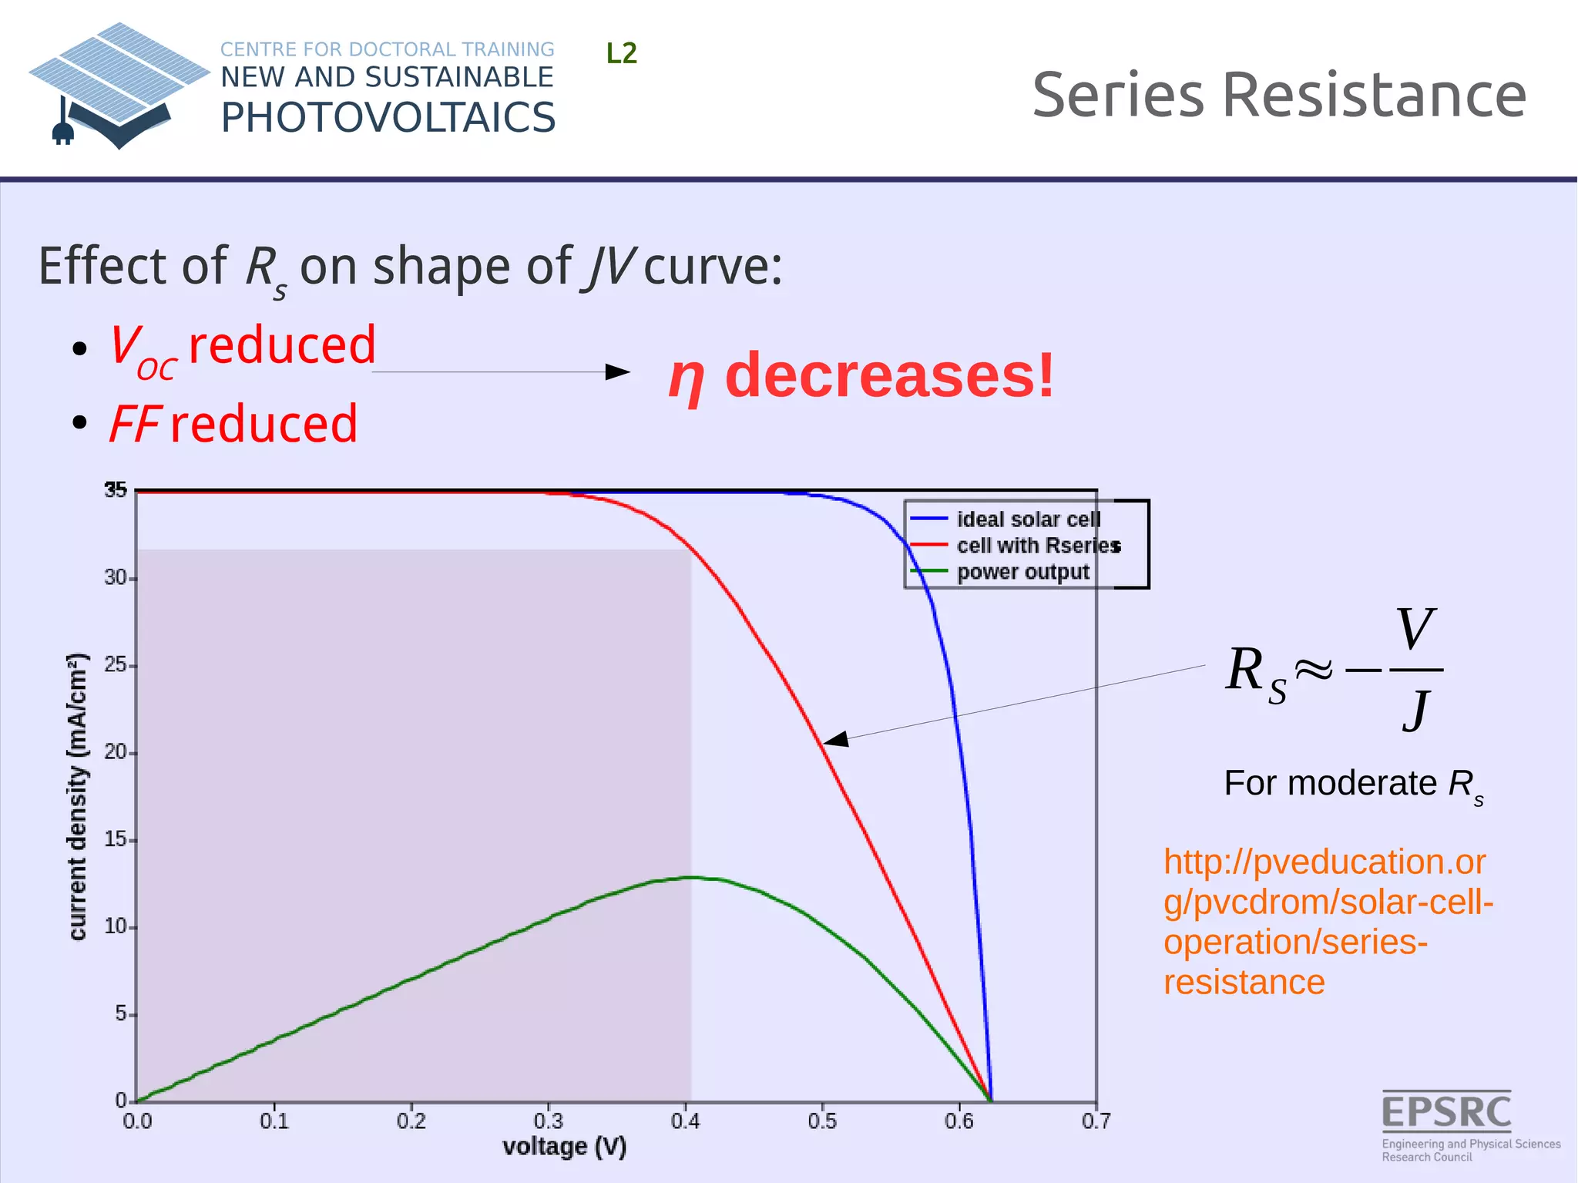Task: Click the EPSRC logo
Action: tap(1447, 1123)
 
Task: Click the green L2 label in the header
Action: tap(621, 53)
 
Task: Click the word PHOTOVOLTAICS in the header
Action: tap(388, 118)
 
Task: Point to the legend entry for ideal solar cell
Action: tap(1028, 519)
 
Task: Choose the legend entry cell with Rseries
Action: tap(1037, 546)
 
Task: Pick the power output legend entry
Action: tap(1022, 572)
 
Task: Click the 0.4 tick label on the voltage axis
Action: tap(685, 1121)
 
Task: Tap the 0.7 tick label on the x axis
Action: tap(1096, 1121)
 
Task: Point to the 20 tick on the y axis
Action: tap(116, 752)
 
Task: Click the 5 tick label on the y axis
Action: tap(121, 1013)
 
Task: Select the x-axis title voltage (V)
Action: tap(564, 1147)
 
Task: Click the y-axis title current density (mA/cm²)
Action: tap(78, 797)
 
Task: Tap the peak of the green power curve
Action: tap(691, 877)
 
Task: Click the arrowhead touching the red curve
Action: tap(834, 740)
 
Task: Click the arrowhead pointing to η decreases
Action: tap(619, 372)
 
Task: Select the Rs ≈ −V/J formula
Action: tap(1334, 669)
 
